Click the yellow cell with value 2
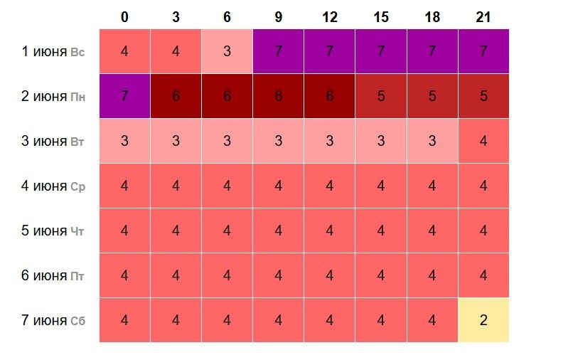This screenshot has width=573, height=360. [x=483, y=320]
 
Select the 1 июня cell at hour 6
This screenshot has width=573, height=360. [x=227, y=51]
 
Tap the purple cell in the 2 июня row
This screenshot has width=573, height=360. [x=124, y=96]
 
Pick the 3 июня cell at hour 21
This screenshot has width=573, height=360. [x=483, y=141]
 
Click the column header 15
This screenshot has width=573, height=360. [x=381, y=16]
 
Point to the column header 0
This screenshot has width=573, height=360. [x=124, y=16]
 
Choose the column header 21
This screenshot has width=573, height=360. [x=483, y=16]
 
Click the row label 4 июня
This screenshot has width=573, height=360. [x=44, y=186]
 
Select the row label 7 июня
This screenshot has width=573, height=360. [x=44, y=320]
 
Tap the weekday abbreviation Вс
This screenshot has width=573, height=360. [x=77, y=52]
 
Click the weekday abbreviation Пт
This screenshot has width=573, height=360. [x=77, y=276]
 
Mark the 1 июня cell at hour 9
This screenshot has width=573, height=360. [x=278, y=51]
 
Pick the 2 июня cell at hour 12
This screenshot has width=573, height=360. [x=329, y=96]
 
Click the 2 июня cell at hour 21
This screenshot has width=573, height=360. [x=483, y=96]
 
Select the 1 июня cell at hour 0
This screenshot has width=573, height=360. [x=124, y=51]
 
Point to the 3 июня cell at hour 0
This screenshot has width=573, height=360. [x=124, y=141]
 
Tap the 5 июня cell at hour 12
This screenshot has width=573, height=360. [x=329, y=231]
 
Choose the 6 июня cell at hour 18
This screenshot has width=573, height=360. [x=432, y=275]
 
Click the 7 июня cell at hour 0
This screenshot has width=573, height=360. [x=124, y=320]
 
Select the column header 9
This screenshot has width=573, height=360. [x=278, y=16]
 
